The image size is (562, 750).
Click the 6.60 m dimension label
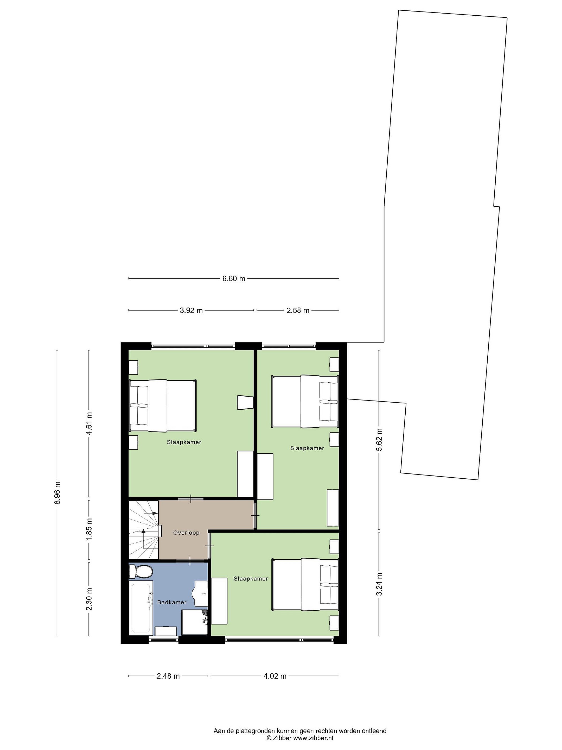coord(233,279)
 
